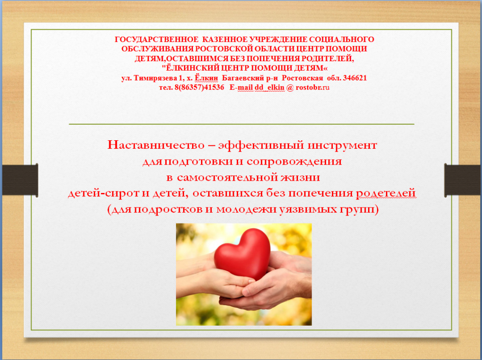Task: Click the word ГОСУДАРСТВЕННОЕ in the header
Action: point(157,40)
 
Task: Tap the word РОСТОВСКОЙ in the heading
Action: point(226,49)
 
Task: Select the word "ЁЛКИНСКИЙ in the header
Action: point(190,68)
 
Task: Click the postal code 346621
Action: point(355,78)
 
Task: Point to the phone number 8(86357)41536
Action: point(199,88)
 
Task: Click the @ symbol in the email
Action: point(290,88)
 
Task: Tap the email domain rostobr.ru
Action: point(313,88)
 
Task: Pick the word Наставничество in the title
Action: point(156,145)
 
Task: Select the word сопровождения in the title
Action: point(294,161)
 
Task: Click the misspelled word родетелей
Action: point(386,193)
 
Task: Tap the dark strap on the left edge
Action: point(20,180)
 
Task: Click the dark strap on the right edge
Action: point(463,180)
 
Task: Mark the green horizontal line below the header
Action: point(241,124)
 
